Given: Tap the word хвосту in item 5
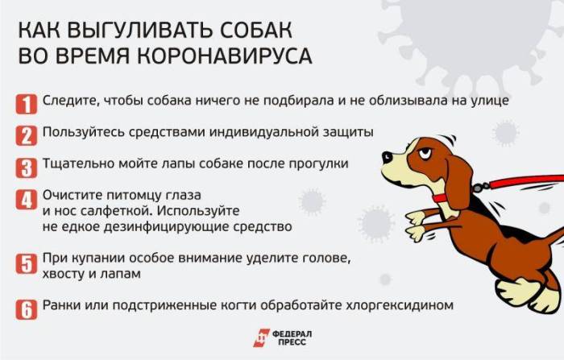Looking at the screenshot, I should (x=64, y=274).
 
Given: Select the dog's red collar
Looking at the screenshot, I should (x=442, y=196).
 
